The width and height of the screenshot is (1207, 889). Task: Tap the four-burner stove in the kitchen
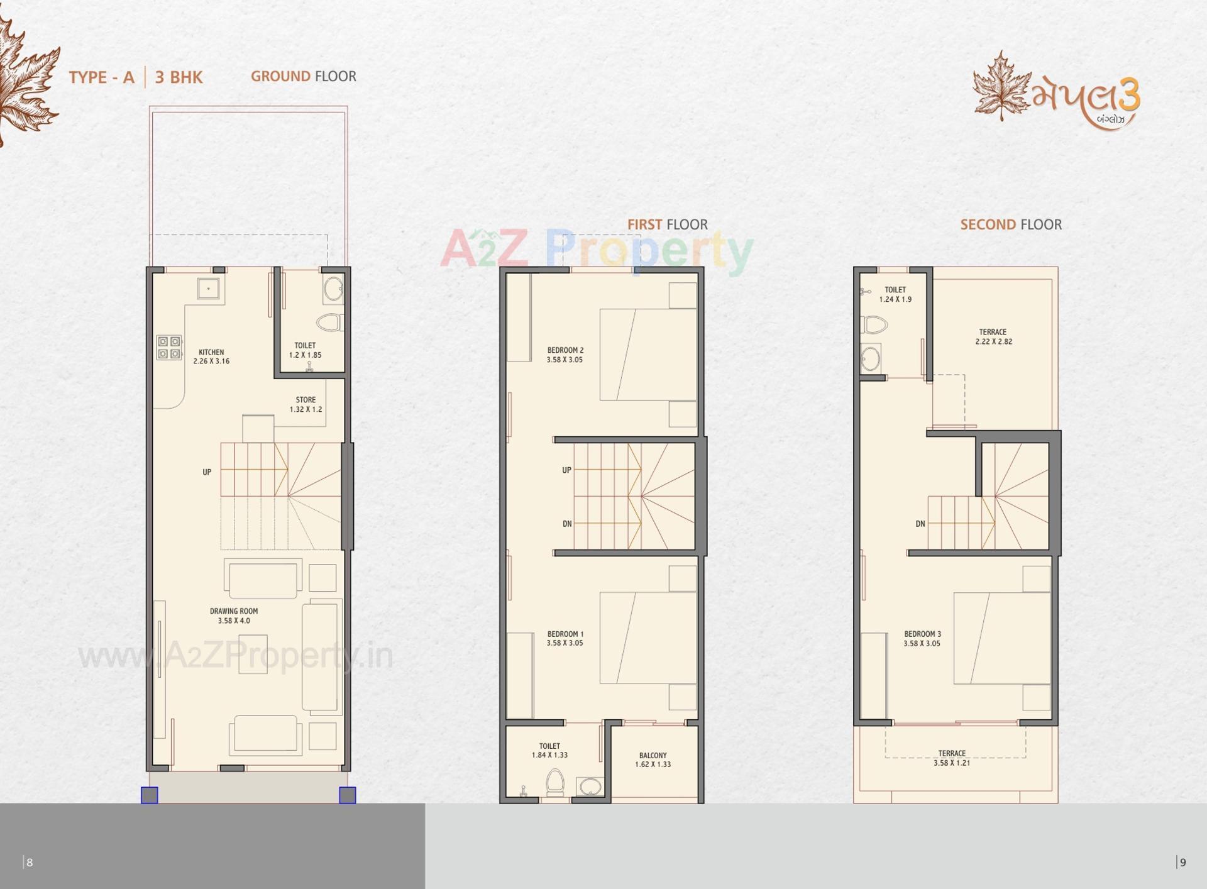(x=169, y=348)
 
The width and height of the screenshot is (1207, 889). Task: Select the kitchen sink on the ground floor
(x=208, y=289)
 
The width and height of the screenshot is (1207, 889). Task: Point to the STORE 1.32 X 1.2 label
(x=306, y=404)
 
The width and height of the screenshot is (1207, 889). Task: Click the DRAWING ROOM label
(x=234, y=616)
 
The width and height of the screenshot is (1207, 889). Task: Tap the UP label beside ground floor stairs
(x=207, y=472)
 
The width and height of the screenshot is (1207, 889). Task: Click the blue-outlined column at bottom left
(x=150, y=795)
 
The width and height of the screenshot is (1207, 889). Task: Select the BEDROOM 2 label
(x=565, y=355)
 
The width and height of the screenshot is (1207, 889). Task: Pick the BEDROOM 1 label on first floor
(x=565, y=638)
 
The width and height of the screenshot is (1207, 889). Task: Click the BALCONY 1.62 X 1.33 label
(x=653, y=759)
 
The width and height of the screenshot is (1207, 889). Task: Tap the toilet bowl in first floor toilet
(x=554, y=783)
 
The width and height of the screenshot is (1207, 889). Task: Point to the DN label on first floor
(x=567, y=524)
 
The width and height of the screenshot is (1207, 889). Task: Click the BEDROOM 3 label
(x=922, y=638)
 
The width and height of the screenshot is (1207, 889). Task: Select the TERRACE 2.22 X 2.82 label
(x=993, y=336)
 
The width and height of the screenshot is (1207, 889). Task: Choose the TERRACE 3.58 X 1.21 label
(x=952, y=758)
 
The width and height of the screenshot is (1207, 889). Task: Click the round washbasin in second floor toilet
(x=871, y=360)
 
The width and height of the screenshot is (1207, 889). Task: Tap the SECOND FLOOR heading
(x=1011, y=224)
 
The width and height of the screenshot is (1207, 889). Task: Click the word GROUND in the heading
(x=280, y=76)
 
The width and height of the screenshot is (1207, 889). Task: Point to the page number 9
(x=1182, y=862)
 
